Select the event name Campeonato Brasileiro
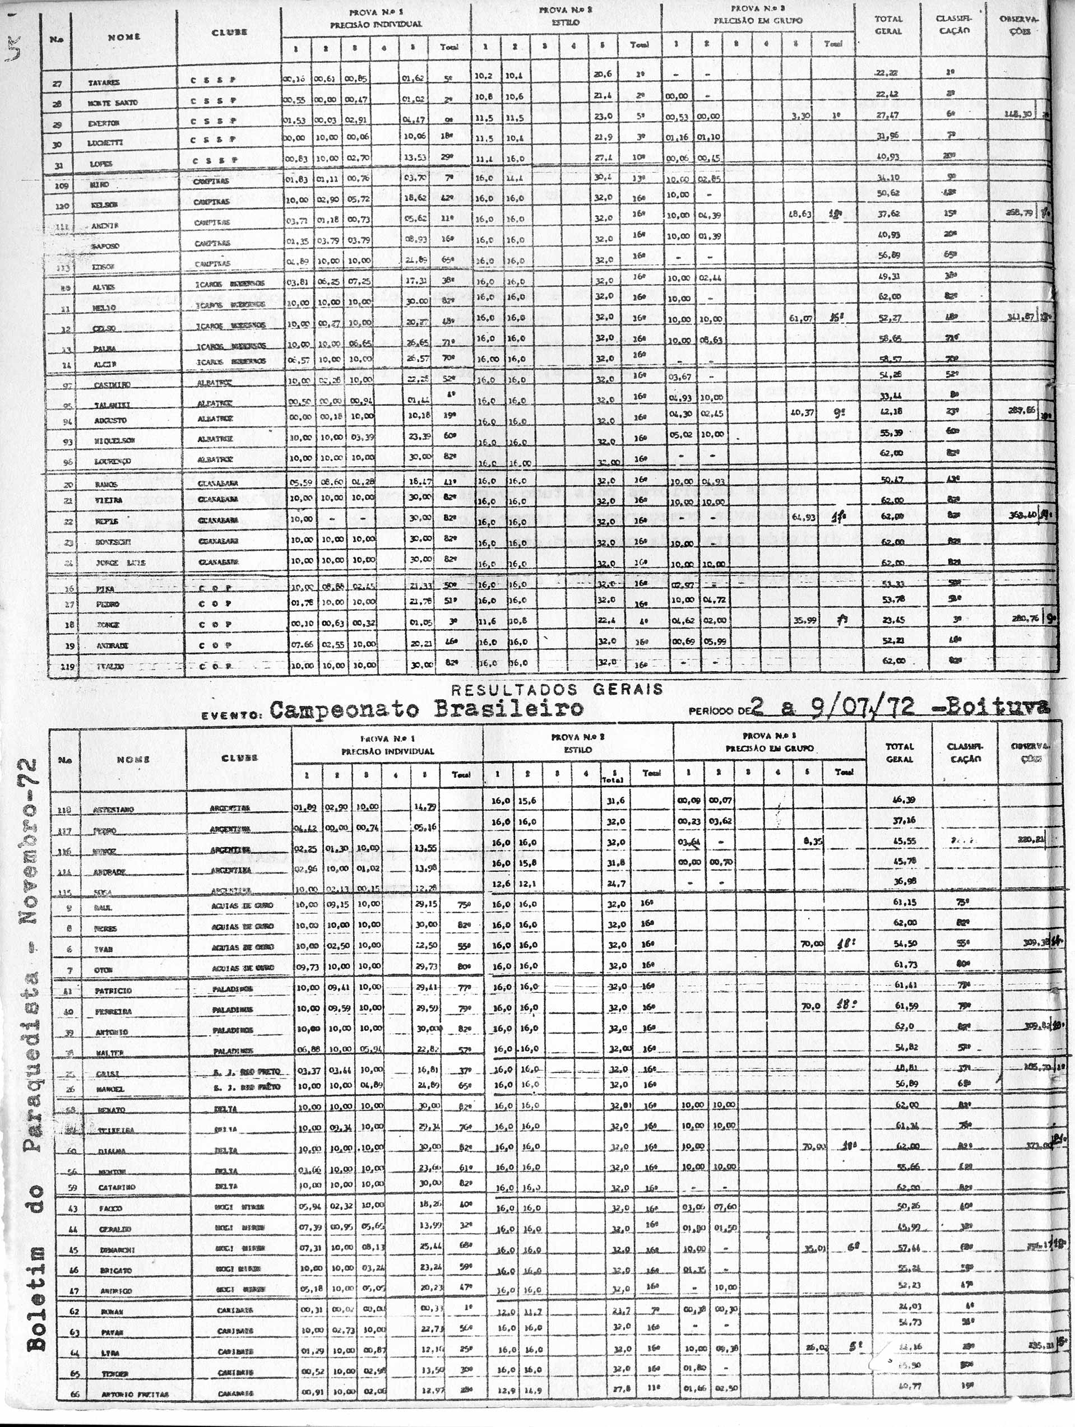pos(427,709)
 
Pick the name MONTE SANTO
pos(113,103)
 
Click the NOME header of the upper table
pos(124,38)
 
